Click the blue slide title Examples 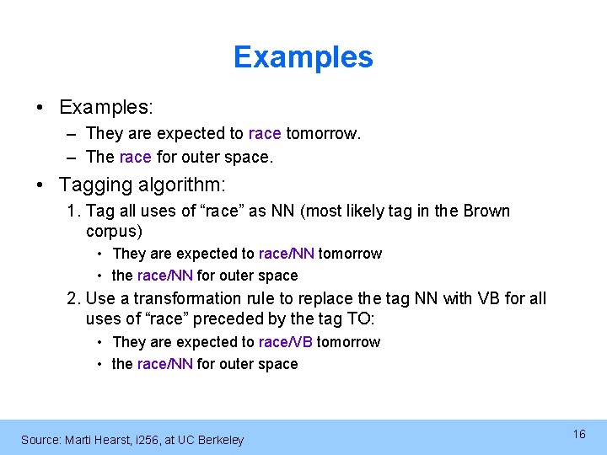click(303, 57)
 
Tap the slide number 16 click(579, 434)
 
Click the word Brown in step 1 click(487, 211)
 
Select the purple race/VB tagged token click(286, 342)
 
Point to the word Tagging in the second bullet click(90, 184)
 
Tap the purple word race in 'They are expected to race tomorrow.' click(266, 134)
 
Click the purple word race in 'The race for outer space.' click(136, 157)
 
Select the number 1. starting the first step click(73, 211)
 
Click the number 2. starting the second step click(74, 298)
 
